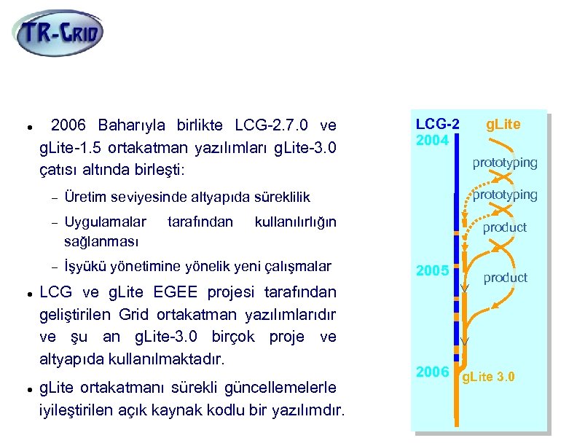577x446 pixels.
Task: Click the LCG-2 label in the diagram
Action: [437, 125]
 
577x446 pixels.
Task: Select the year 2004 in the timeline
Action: [432, 138]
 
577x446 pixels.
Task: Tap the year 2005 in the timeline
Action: [432, 271]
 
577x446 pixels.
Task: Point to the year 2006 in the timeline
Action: [432, 372]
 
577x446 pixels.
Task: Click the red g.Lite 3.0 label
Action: [489, 377]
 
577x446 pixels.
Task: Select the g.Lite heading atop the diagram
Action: [503, 125]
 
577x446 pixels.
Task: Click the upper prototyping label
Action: [505, 162]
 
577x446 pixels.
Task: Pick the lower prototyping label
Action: [505, 195]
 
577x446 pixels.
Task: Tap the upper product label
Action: [505, 227]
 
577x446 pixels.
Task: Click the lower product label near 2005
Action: [505, 278]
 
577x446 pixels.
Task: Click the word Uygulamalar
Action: [105, 221]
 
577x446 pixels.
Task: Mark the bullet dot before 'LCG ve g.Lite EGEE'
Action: [26, 294]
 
